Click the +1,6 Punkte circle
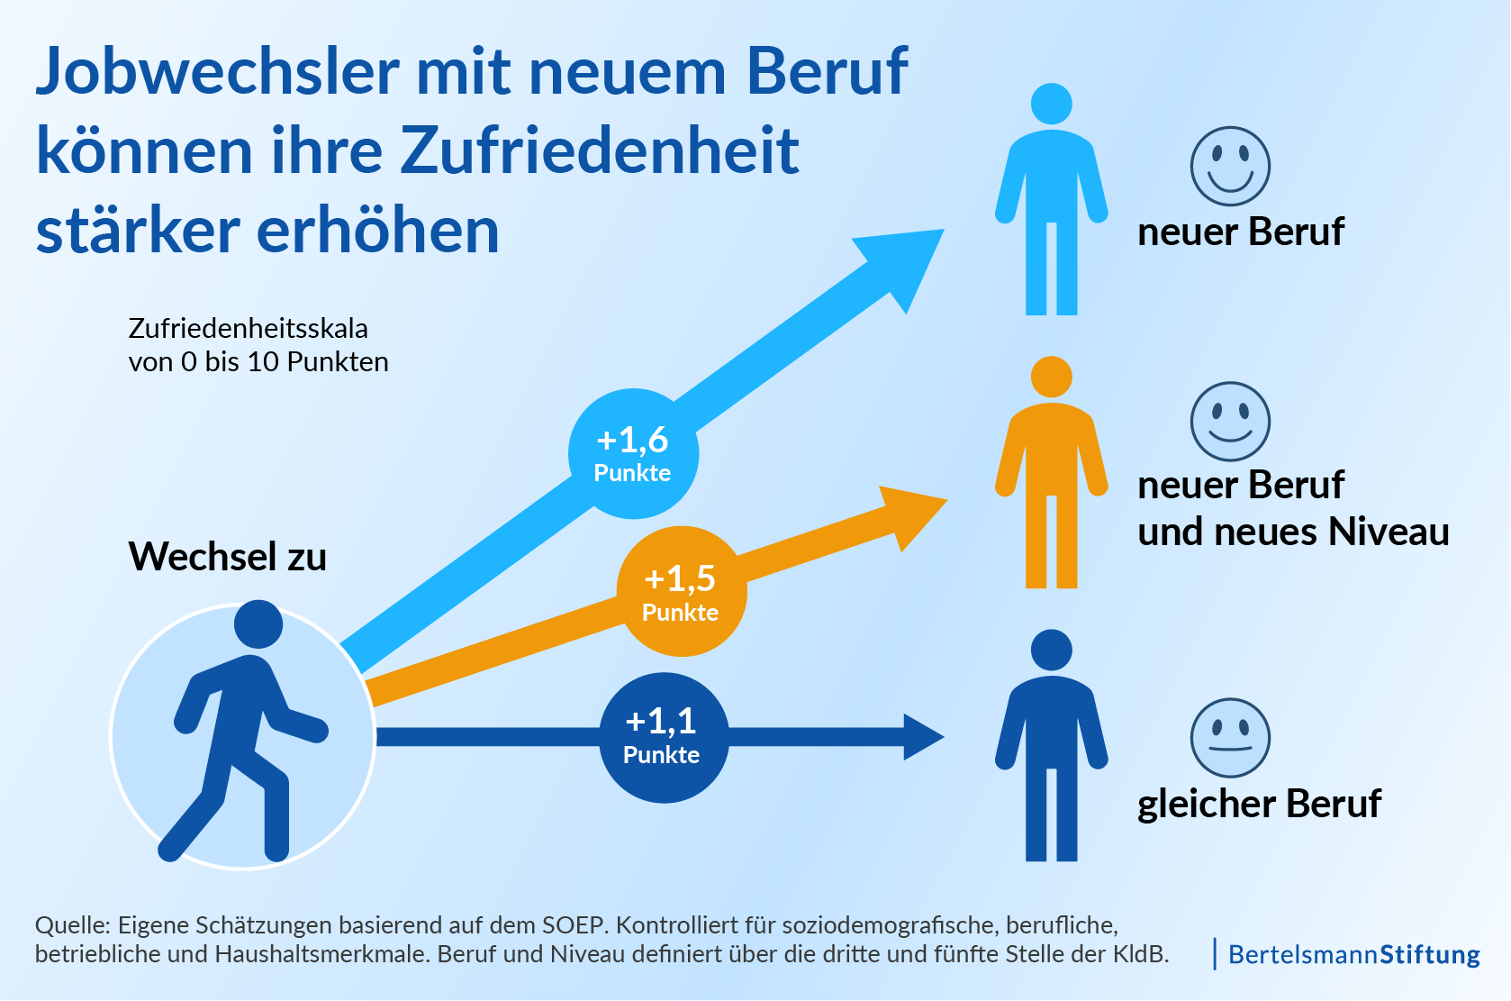pyautogui.click(x=633, y=453)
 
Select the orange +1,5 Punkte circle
pyautogui.click(x=682, y=591)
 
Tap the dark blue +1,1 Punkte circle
pyautogui.click(x=664, y=737)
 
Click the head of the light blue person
pyautogui.click(x=1051, y=104)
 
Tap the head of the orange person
pyautogui.click(x=1051, y=377)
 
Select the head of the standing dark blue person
pyautogui.click(x=1051, y=650)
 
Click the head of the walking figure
pyautogui.click(x=258, y=623)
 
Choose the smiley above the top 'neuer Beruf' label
pyautogui.click(x=1230, y=166)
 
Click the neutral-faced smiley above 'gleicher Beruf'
pyautogui.click(x=1230, y=737)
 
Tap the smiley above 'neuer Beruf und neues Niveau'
pyautogui.click(x=1230, y=421)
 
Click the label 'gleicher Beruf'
pyautogui.click(x=1259, y=803)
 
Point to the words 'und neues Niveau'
pyautogui.click(x=1293, y=532)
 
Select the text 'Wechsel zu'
pyautogui.click(x=228, y=556)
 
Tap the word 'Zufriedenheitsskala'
pyautogui.click(x=249, y=328)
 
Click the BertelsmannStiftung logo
pyautogui.click(x=1353, y=954)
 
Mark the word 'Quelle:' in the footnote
pyautogui.click(x=72, y=925)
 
